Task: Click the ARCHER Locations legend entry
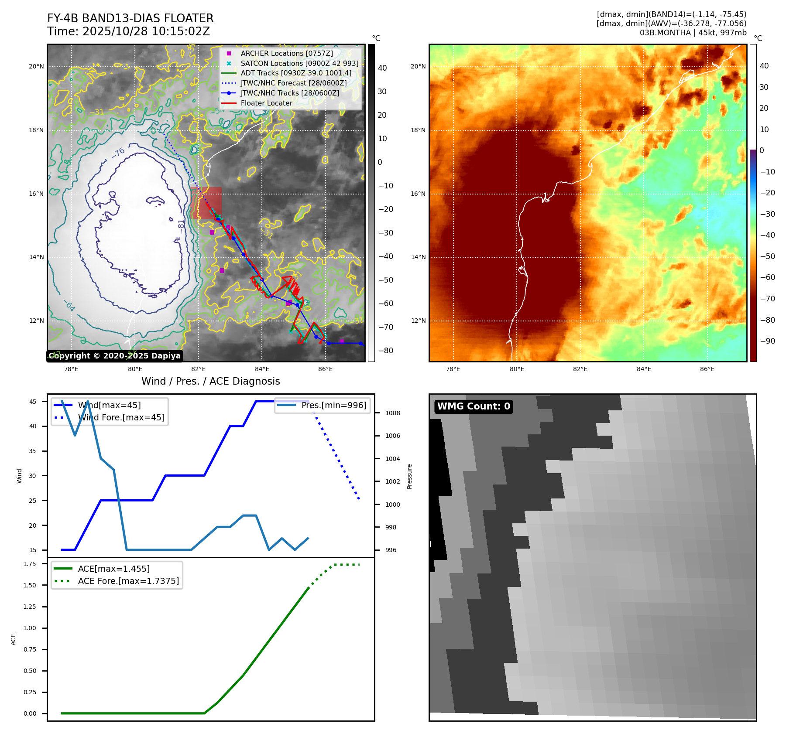(x=286, y=53)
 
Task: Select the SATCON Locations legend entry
(x=299, y=63)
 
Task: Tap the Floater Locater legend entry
(x=266, y=103)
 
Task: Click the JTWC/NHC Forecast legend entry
(x=293, y=83)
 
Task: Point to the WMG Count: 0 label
(x=474, y=406)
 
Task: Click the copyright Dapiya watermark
(x=114, y=356)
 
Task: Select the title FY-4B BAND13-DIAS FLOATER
(x=130, y=18)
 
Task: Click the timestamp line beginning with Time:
(x=128, y=31)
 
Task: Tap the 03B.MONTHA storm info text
(x=693, y=33)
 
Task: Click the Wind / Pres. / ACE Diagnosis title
(x=210, y=381)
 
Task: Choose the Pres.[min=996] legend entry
(x=333, y=406)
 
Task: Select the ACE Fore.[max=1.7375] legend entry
(x=128, y=581)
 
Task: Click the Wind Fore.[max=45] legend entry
(x=121, y=418)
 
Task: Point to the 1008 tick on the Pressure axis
(x=392, y=413)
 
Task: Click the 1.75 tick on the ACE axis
(x=30, y=564)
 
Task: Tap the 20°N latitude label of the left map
(x=36, y=67)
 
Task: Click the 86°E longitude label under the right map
(x=707, y=369)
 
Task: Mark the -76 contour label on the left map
(x=118, y=153)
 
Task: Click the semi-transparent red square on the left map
(x=206, y=203)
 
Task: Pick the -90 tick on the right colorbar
(x=767, y=341)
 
